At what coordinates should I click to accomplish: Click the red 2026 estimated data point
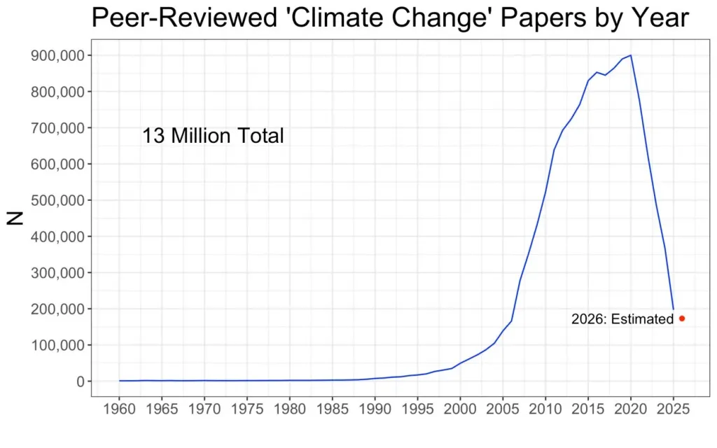point(682,318)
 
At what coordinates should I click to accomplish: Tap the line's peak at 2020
point(631,55)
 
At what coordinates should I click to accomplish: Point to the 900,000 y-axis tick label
point(58,55)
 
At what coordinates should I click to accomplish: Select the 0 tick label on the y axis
point(81,381)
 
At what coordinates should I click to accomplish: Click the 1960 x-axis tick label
point(119,408)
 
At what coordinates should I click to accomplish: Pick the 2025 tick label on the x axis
point(673,408)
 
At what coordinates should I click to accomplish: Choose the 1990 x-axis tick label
point(375,408)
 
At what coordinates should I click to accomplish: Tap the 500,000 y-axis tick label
point(58,200)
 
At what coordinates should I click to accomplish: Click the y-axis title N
point(15,218)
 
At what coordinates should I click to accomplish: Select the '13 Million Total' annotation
point(213,136)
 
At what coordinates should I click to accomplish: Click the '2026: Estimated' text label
point(622,319)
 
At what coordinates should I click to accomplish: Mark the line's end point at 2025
point(673,309)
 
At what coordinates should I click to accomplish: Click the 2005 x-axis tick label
point(503,408)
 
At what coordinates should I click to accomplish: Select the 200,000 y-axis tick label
point(58,309)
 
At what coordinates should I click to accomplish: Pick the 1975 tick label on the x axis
point(247,408)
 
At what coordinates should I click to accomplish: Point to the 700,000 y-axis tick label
point(58,128)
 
